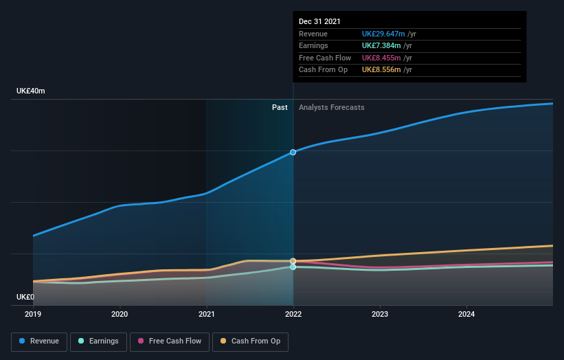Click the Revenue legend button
39,341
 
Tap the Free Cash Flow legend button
170,341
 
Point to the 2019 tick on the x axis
33,314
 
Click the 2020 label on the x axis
120,314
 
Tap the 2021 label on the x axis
206,314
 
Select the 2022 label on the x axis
293,314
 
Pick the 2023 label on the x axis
380,314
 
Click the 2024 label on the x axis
466,314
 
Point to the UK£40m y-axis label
31,91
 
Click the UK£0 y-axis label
25,297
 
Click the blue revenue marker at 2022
293,152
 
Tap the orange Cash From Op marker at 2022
293,261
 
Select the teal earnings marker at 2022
293,267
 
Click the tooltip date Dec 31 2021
319,22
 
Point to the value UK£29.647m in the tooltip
383,34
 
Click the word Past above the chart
280,107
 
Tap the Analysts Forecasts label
331,107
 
